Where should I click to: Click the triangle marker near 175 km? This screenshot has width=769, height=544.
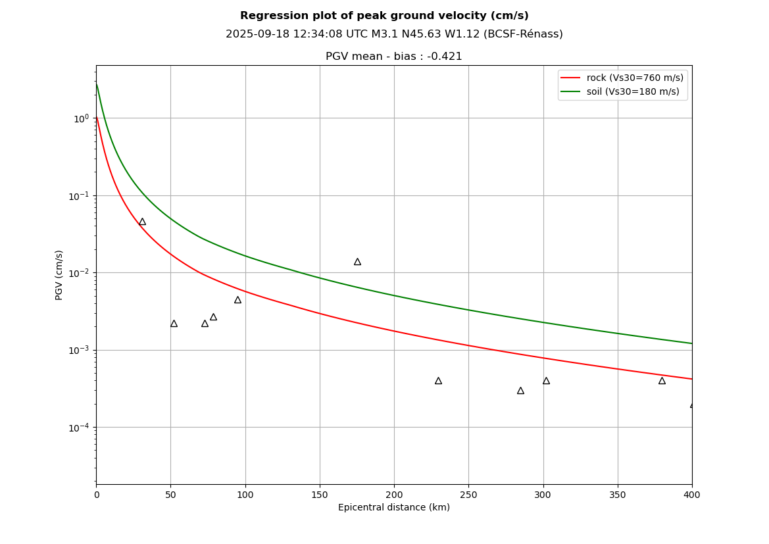coord(357,262)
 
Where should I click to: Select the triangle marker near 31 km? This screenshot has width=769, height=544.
coord(142,222)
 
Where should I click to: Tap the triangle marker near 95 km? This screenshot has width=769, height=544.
coord(237,300)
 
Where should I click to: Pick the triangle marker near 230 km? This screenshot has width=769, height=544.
coord(438,381)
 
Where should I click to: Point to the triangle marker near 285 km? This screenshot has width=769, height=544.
coord(520,391)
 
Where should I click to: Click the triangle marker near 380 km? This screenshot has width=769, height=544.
coord(662,381)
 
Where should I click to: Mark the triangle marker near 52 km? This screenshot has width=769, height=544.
coord(174,324)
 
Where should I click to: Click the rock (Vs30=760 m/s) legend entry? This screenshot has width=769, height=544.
coord(634,78)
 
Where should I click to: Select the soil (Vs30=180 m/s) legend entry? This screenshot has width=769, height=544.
coord(632,92)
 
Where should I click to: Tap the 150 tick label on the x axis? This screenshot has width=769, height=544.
coord(320,495)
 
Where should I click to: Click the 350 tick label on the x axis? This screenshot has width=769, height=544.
coord(618,495)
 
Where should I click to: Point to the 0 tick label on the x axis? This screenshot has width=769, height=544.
coord(97,495)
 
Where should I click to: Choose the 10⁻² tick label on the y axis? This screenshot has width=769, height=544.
coord(80,272)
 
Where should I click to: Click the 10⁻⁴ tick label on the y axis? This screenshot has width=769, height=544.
coord(80,427)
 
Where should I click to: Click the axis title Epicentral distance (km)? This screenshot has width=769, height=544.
coord(393,508)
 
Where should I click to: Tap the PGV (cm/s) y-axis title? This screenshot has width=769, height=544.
coord(59,275)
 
